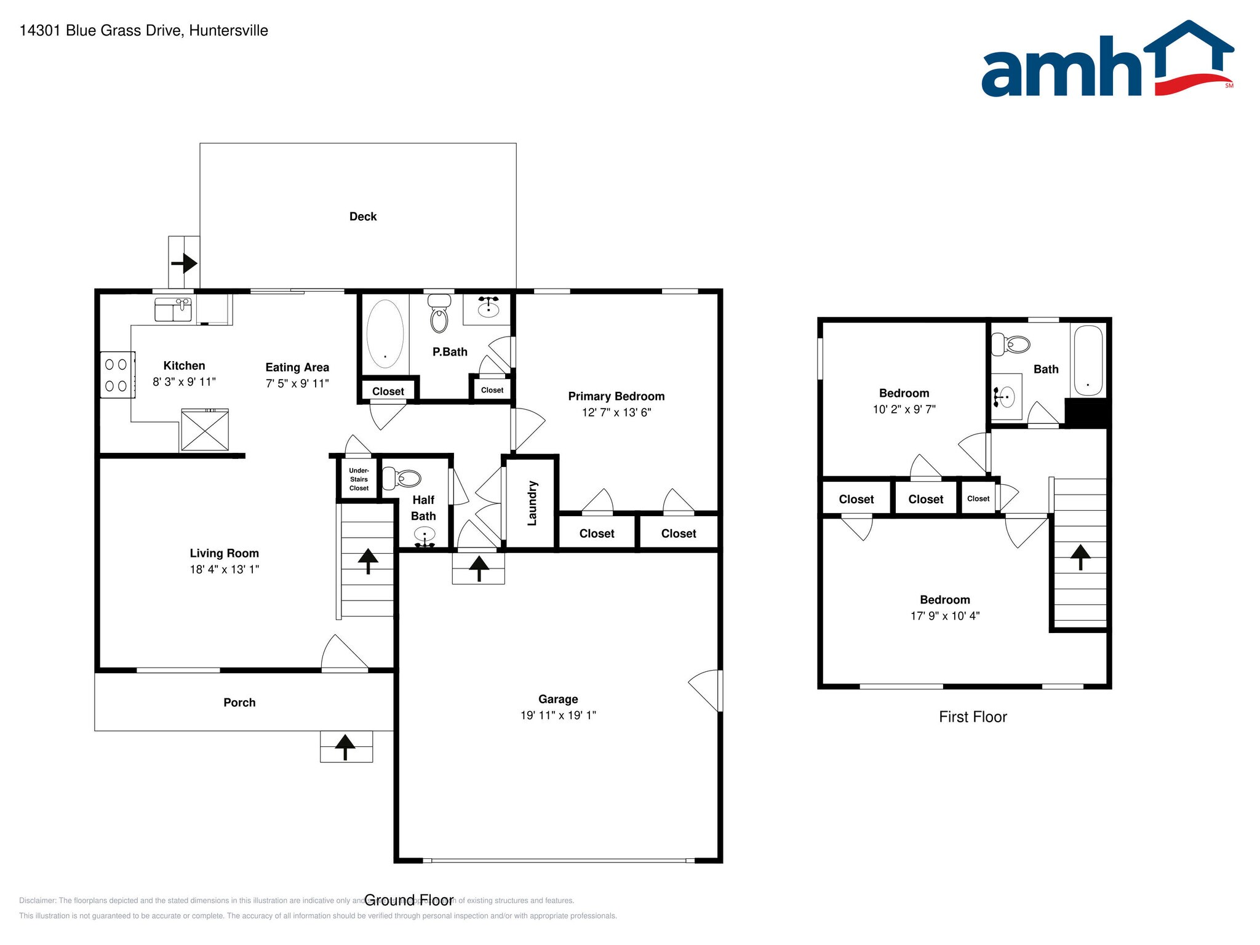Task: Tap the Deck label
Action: click(x=363, y=217)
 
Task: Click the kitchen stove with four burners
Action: click(x=117, y=375)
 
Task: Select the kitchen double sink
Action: click(x=173, y=309)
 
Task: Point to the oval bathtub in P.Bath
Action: click(x=385, y=333)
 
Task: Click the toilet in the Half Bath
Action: click(x=402, y=478)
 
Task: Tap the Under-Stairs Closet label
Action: click(x=359, y=479)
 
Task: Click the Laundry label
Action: click(x=532, y=503)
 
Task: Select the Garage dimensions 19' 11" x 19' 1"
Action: click(x=558, y=715)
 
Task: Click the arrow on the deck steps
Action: click(x=185, y=264)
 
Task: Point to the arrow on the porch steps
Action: click(x=345, y=746)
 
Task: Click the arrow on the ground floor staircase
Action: click(x=368, y=560)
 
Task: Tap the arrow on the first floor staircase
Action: click(x=1080, y=557)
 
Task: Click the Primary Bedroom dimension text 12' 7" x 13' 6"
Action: click(x=616, y=412)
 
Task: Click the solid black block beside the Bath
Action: click(x=1087, y=412)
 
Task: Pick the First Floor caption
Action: click(x=972, y=717)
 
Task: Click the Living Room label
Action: click(x=224, y=553)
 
